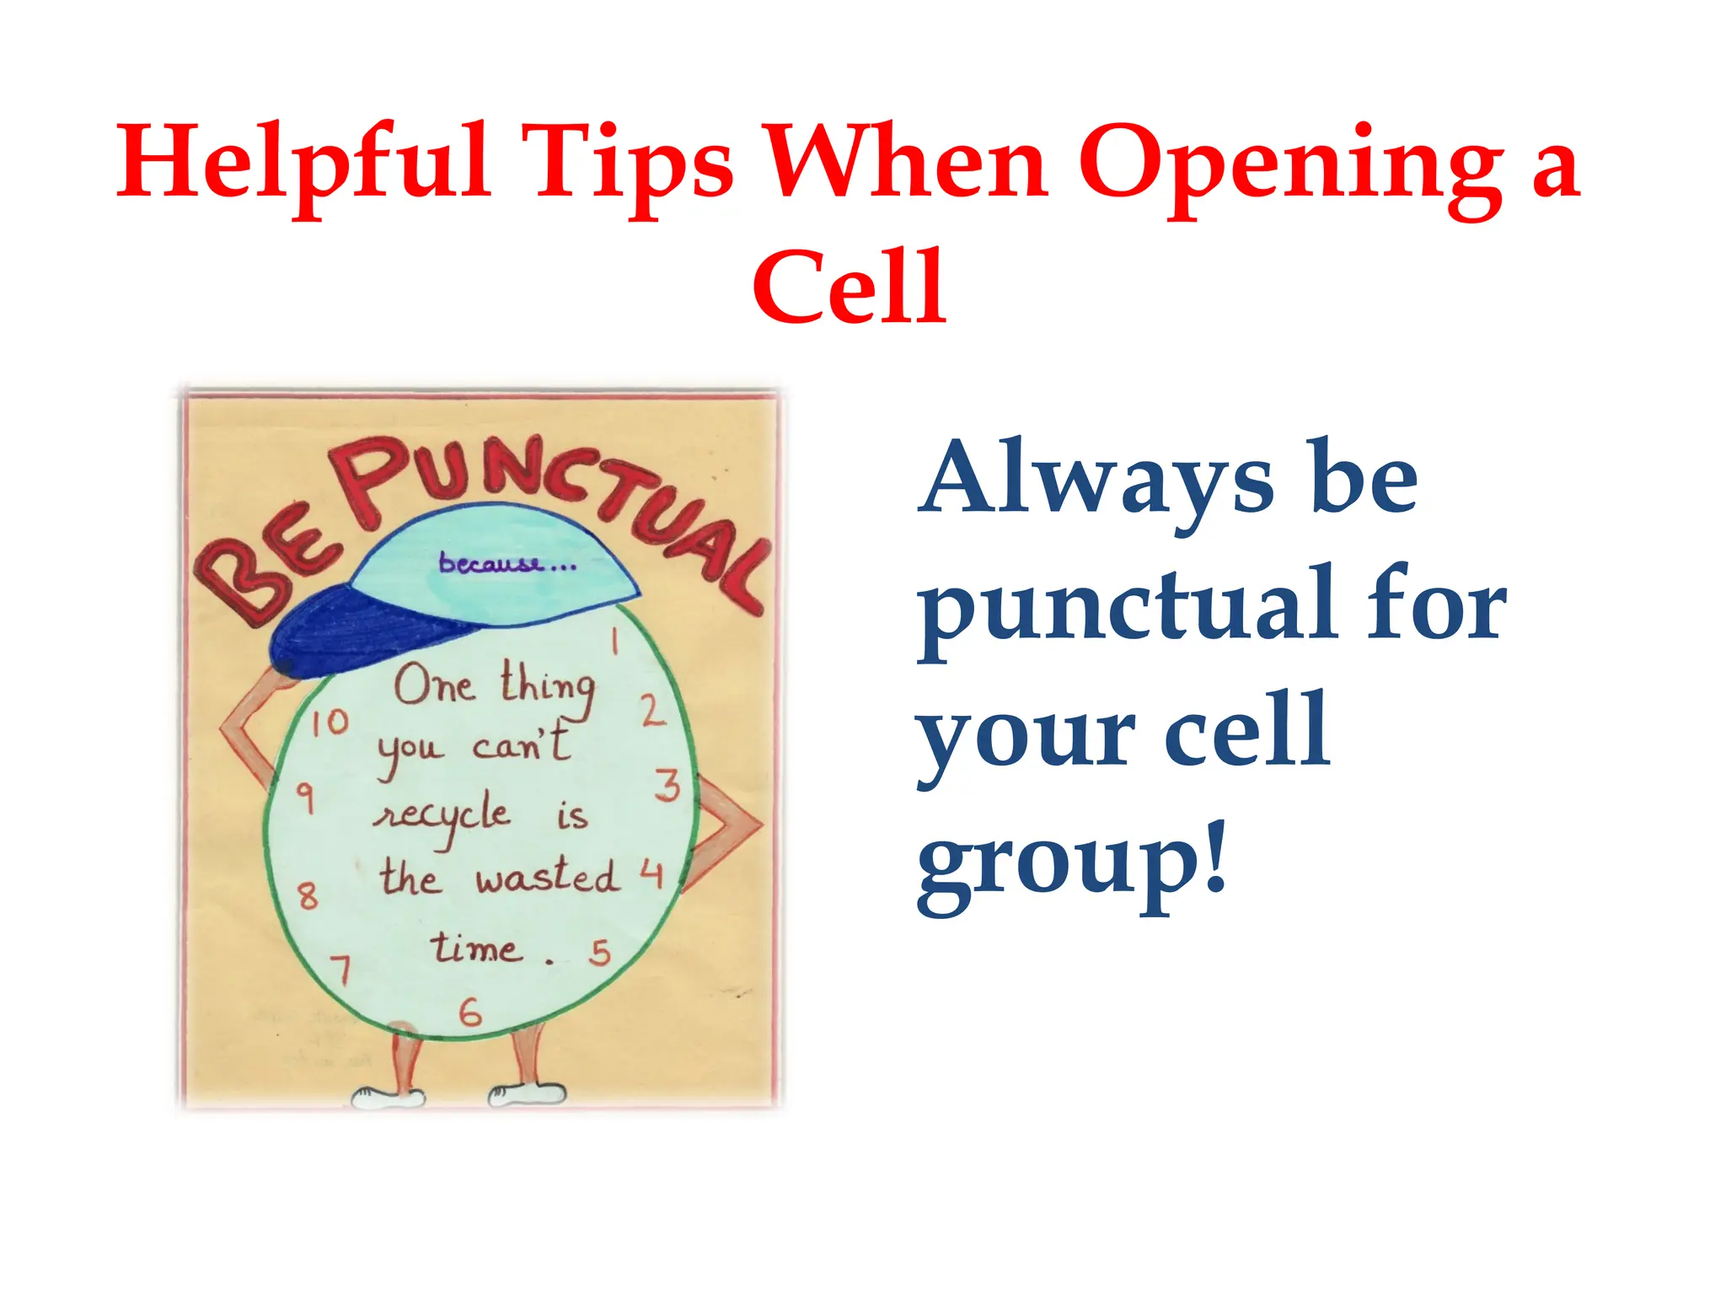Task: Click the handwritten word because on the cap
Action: pos(490,563)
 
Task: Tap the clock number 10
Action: pos(329,722)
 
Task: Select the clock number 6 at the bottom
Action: pos(470,1012)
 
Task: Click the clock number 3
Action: pos(667,785)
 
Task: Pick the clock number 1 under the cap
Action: pos(616,642)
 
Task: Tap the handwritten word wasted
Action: pos(546,877)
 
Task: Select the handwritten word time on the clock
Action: pos(475,948)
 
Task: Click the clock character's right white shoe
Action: pos(527,1093)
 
